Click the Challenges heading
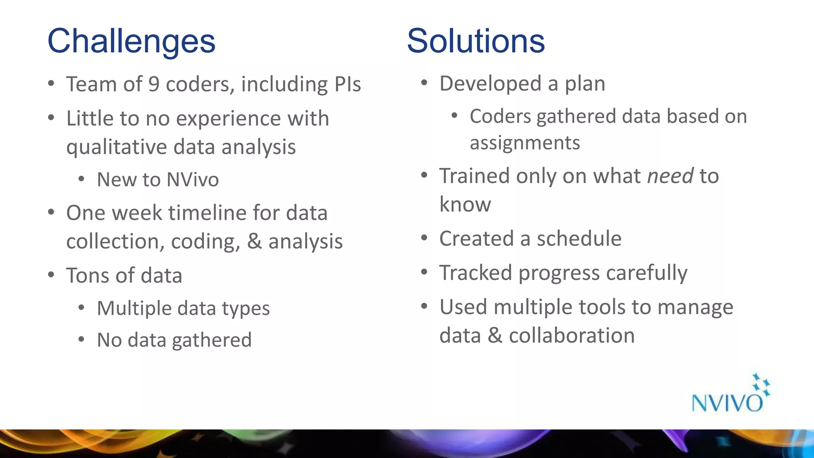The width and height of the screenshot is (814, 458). tap(131, 41)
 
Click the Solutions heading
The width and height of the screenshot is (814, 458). tap(476, 41)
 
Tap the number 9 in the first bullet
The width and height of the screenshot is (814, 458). tap(154, 84)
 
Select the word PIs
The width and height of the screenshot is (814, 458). tap(348, 84)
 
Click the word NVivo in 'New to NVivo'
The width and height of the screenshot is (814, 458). tap(193, 179)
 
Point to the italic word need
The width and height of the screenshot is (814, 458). tap(671, 176)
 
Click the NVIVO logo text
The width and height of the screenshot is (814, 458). tap(727, 403)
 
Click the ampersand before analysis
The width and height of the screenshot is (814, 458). tap(254, 241)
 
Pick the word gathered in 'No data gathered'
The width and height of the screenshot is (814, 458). tap(212, 340)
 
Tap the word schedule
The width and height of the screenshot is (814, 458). tap(579, 239)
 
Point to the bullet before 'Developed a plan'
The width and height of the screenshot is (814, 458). tap(424, 83)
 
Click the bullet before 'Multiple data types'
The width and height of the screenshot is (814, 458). tap(81, 308)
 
